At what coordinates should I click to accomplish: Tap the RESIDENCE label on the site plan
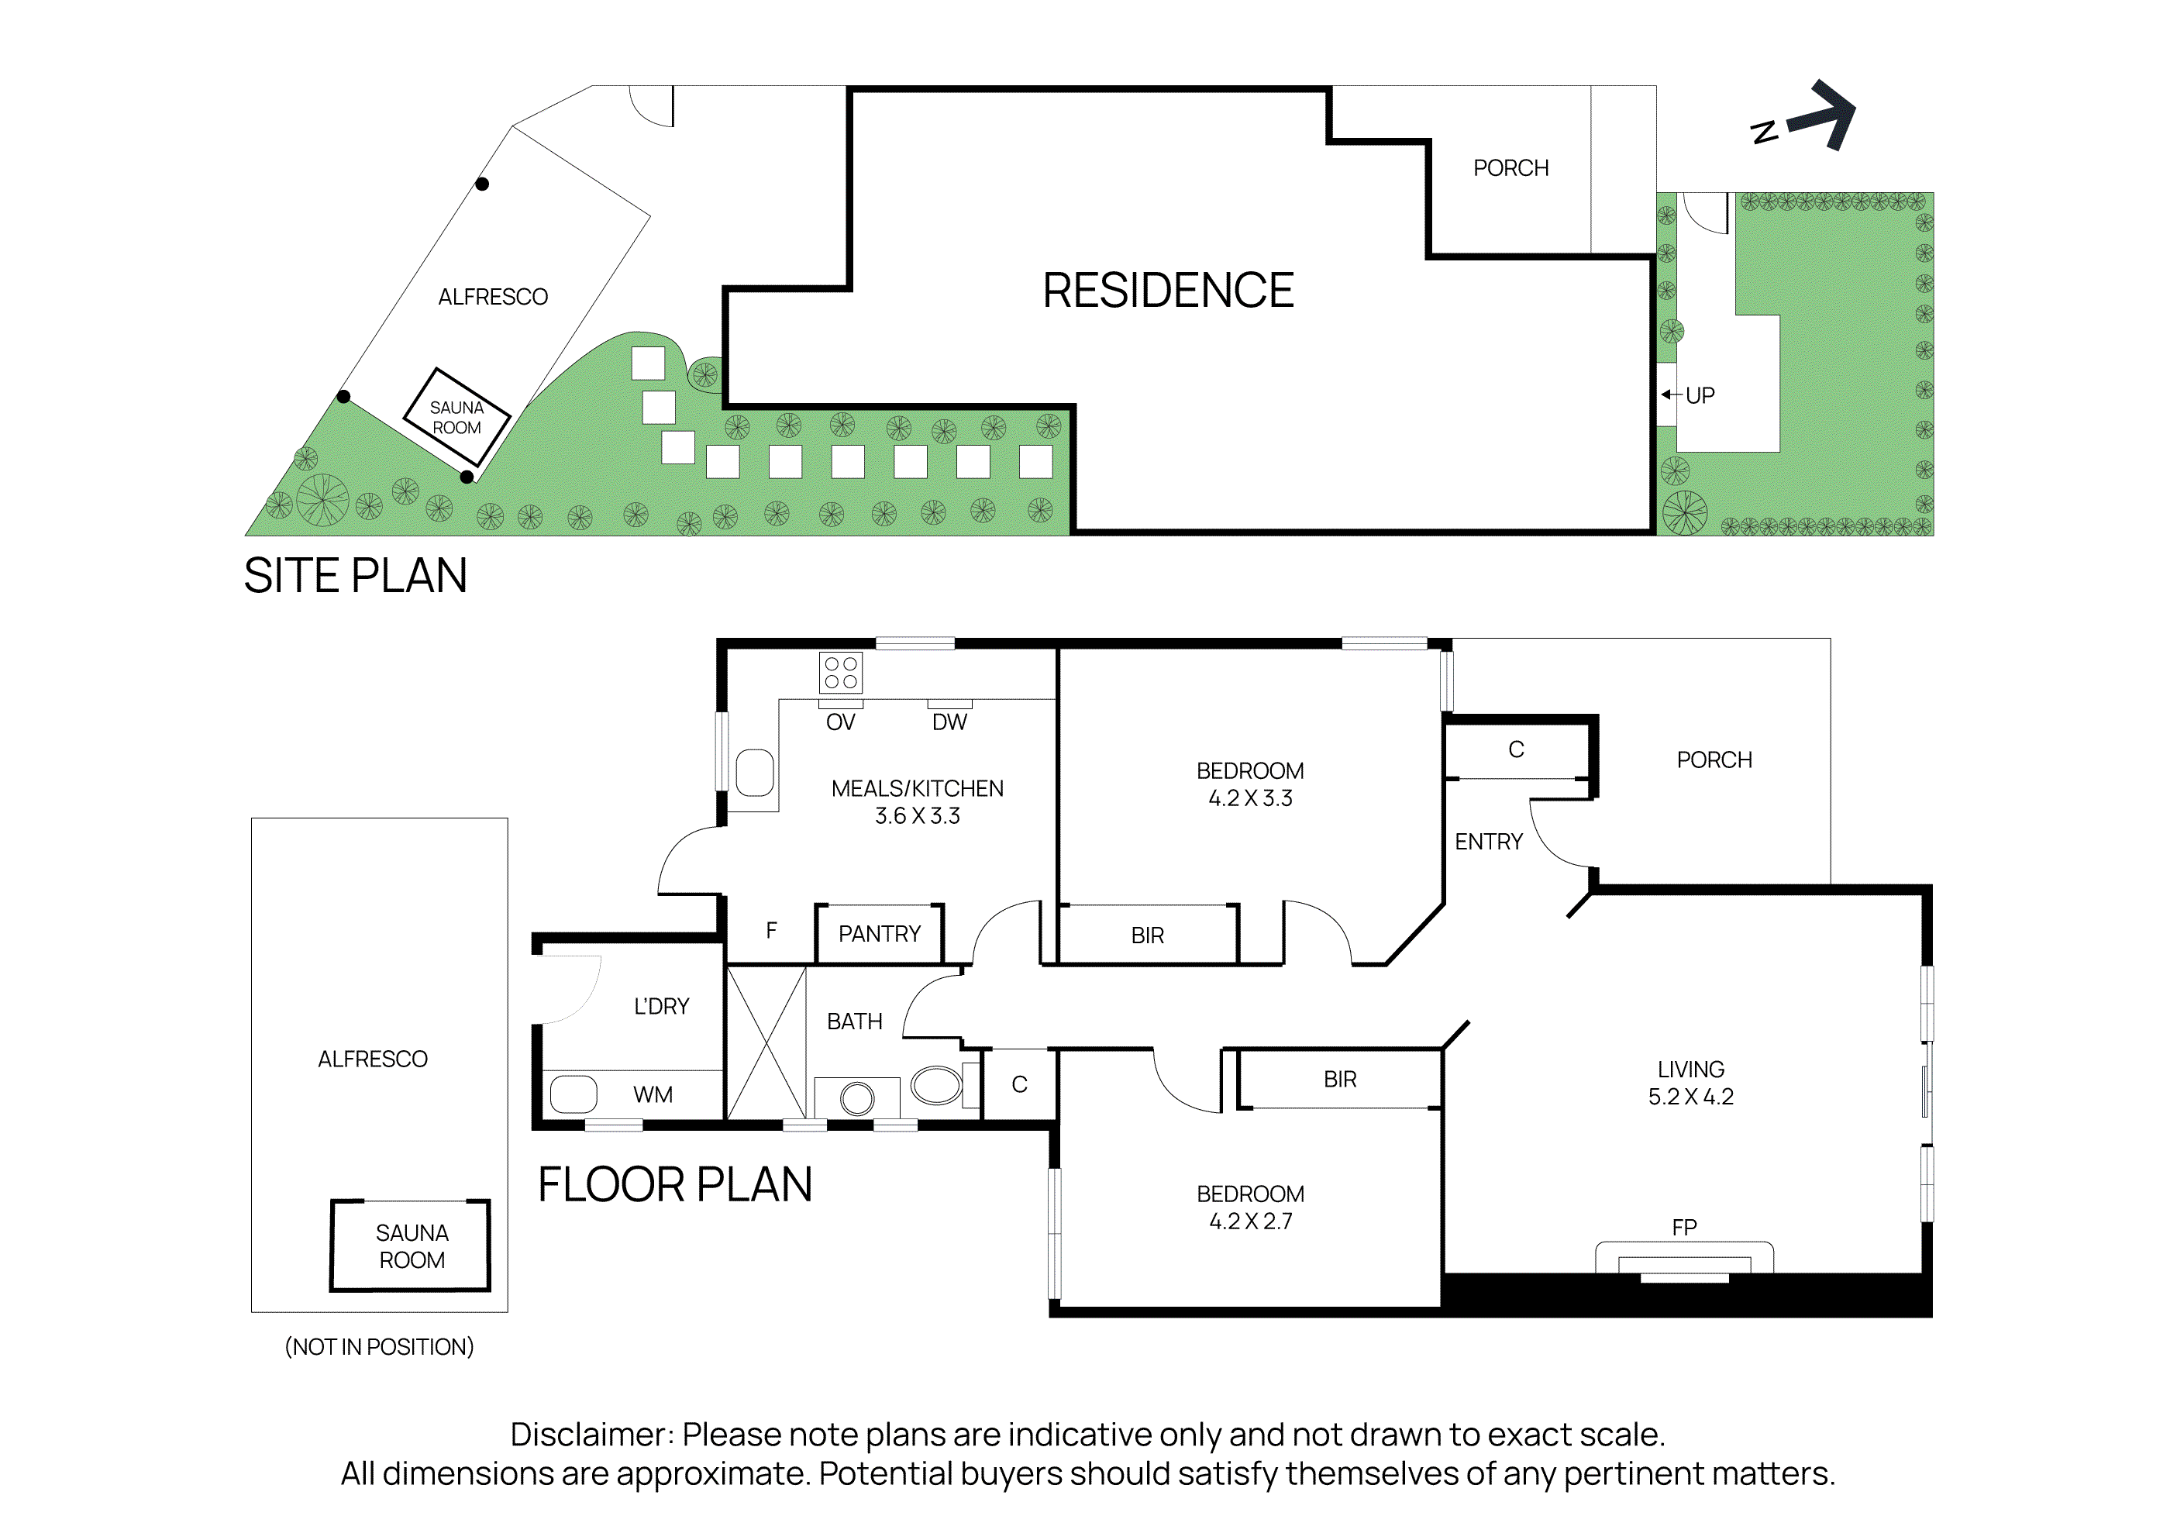point(1167,290)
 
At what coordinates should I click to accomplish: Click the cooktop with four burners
point(840,672)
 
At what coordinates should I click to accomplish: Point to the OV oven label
point(840,722)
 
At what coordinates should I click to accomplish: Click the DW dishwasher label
point(949,722)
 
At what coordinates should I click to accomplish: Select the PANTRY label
point(879,934)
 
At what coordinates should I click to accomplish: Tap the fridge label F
point(771,930)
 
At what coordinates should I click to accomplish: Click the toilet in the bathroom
point(937,1085)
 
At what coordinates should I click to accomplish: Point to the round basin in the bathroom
point(857,1098)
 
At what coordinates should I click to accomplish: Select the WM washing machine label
point(653,1095)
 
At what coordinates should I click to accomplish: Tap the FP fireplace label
point(1684,1227)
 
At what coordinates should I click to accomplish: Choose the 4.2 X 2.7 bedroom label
point(1249,1221)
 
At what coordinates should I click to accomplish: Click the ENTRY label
point(1488,842)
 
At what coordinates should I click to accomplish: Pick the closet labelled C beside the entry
point(1515,750)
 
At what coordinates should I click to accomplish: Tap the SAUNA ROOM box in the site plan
point(457,417)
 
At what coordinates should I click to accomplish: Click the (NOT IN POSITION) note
point(379,1346)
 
